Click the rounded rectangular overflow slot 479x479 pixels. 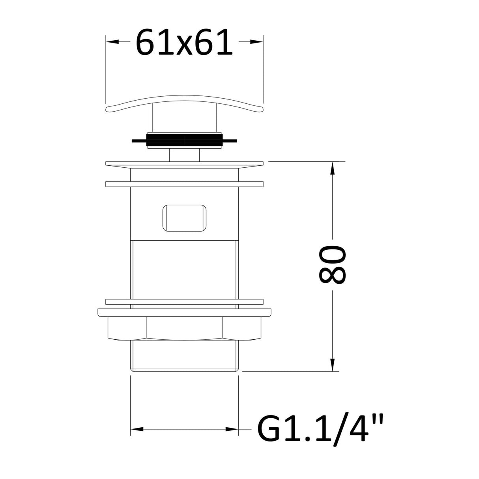point(184,217)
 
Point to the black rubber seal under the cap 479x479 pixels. point(184,140)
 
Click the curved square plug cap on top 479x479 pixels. point(184,103)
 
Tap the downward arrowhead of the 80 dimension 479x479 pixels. point(333,365)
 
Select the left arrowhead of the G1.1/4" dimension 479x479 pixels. point(137,429)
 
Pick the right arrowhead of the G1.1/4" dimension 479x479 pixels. point(233,429)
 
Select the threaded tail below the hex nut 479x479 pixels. point(184,355)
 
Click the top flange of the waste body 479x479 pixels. point(184,164)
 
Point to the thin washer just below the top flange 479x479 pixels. point(184,184)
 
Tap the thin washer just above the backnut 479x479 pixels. point(184,302)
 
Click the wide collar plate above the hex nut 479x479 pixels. point(184,312)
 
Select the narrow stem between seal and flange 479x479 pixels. point(184,155)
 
